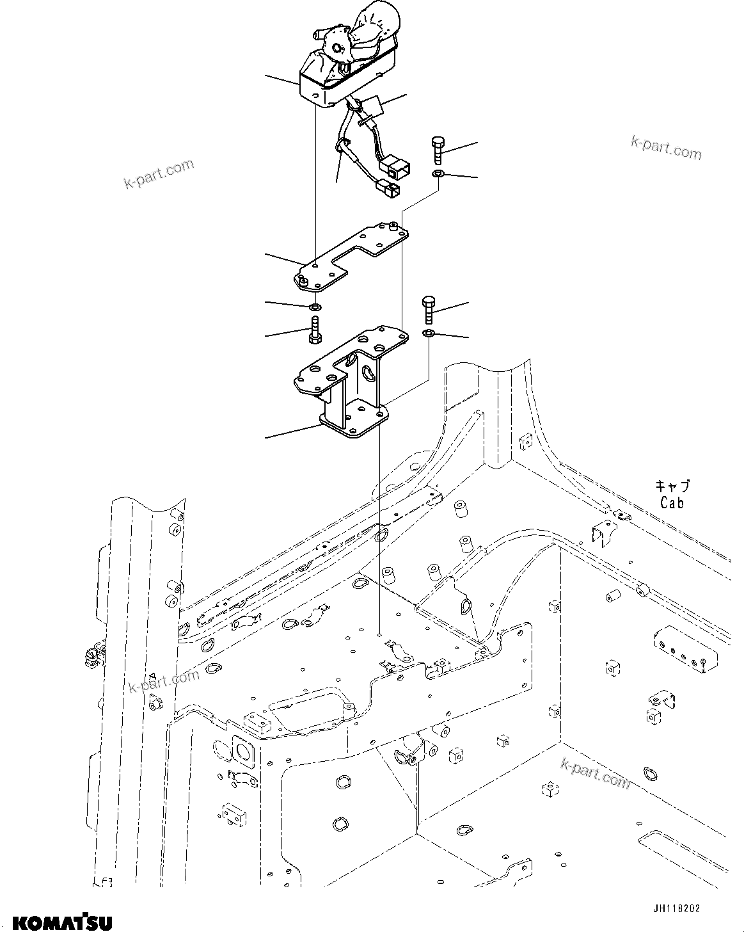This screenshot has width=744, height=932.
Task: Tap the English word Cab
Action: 672,502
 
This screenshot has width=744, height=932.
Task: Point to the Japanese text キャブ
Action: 672,487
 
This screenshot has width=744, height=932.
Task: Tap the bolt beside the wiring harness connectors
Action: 438,152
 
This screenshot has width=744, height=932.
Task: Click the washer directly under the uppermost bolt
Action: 438,174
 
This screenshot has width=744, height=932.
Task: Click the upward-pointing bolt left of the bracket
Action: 315,329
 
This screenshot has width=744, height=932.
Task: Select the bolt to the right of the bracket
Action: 428,310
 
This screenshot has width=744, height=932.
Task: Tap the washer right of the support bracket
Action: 428,333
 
